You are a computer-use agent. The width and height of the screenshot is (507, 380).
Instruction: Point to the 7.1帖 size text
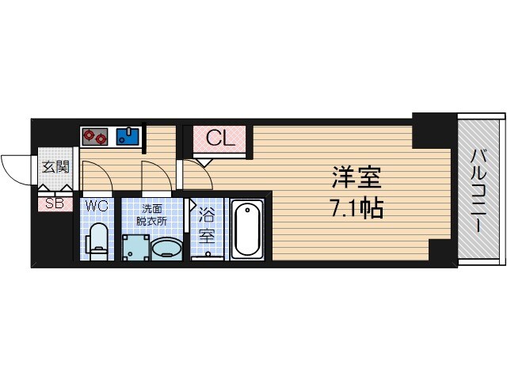point(356,208)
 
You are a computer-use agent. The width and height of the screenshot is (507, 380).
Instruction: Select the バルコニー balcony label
point(480,190)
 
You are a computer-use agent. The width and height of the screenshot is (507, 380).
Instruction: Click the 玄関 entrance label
point(55,166)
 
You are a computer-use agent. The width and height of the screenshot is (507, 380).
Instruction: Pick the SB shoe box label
point(54,203)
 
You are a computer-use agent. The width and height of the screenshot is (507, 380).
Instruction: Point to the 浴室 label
point(207,224)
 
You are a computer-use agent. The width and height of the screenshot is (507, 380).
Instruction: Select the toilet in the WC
point(98,238)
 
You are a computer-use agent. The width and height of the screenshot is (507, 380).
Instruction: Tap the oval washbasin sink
point(167,250)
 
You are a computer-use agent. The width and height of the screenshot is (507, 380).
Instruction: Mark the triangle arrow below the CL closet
point(204,160)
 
